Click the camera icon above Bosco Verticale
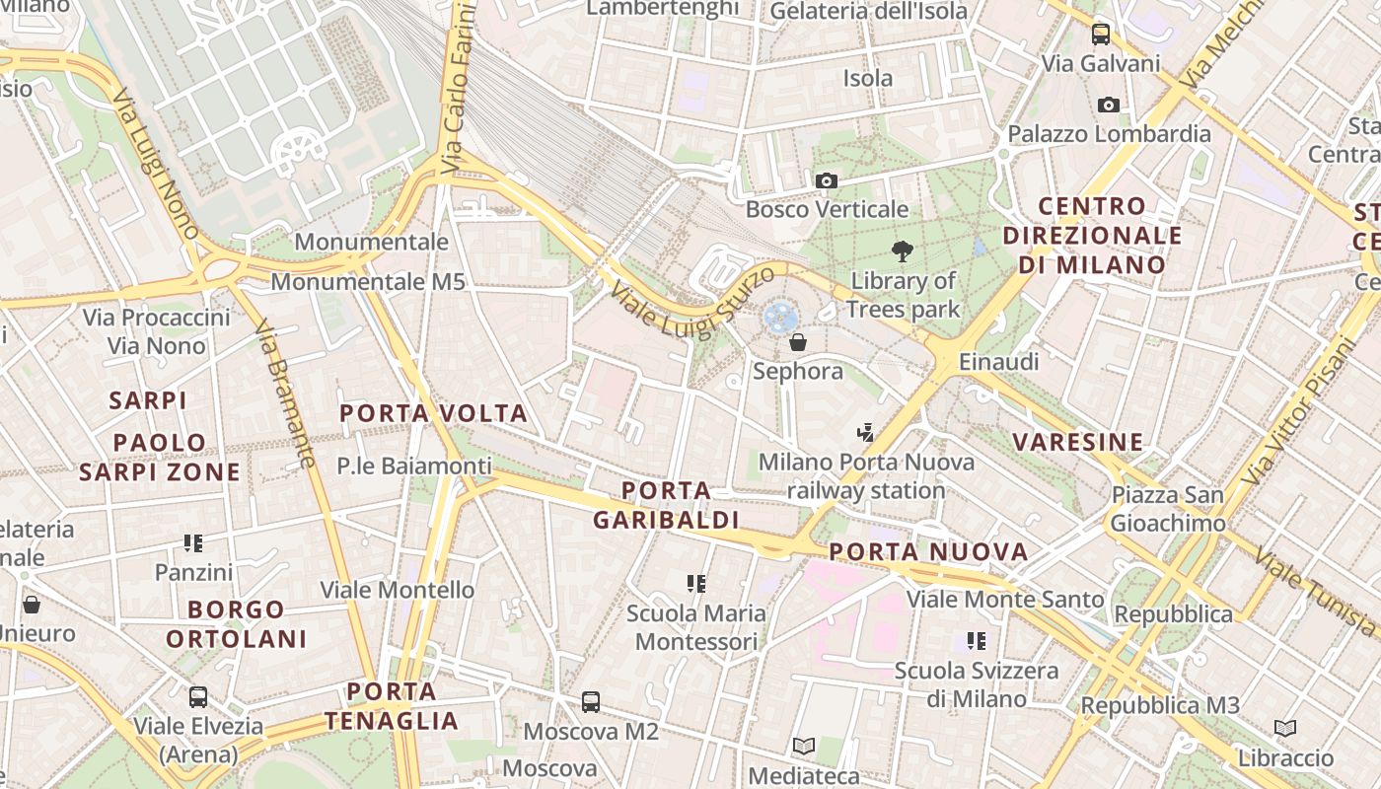pos(827,180)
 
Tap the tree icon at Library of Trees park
pos(902,251)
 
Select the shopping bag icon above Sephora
pos(798,342)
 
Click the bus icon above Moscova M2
pos(591,702)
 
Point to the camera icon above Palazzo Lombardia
pos(1109,105)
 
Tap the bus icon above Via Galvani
pos(1101,35)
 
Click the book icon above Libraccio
pos(1285,729)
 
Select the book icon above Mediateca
pos(804,747)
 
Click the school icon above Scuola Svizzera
pos(977,641)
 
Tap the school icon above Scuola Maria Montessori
pos(696,584)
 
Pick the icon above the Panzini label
pos(193,542)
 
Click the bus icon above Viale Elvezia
pos(198,697)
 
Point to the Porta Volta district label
pos(434,413)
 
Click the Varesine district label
pos(1078,442)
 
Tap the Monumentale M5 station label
pos(368,282)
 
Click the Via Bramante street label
pos(284,394)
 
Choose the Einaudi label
pos(999,362)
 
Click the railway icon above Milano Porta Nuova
pos(866,432)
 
